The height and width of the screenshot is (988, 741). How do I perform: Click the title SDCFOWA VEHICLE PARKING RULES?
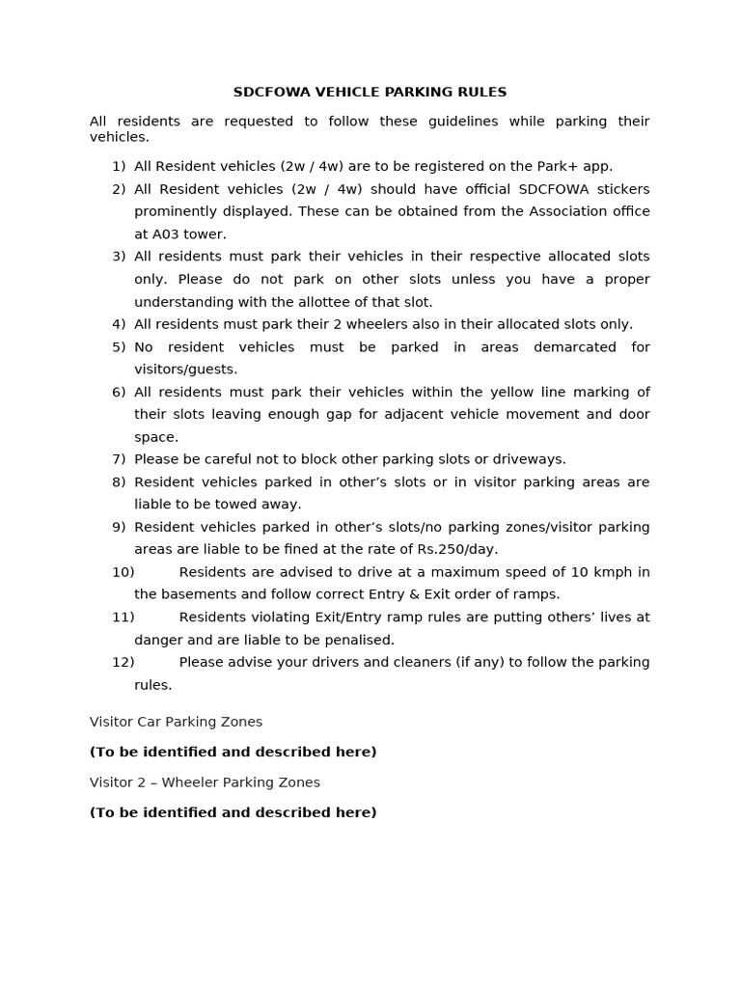(370, 92)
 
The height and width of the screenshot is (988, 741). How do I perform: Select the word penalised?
(359, 640)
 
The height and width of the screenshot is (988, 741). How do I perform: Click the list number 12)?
(123, 662)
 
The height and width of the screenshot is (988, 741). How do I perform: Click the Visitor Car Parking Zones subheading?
(176, 722)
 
